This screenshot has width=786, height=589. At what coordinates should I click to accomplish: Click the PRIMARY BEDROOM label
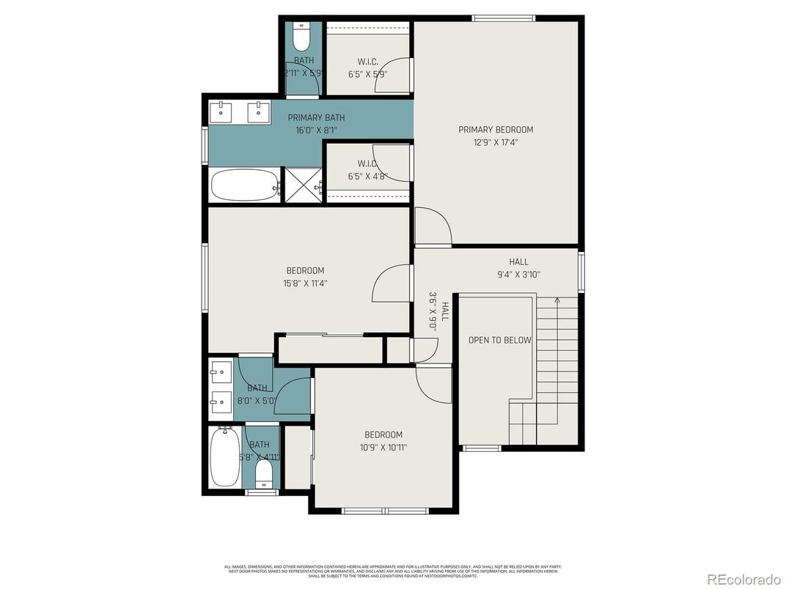click(x=496, y=130)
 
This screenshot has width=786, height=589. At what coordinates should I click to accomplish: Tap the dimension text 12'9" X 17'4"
click(x=496, y=143)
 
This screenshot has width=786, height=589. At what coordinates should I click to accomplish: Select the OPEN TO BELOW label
click(x=500, y=340)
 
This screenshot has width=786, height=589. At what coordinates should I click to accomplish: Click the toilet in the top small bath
click(x=301, y=36)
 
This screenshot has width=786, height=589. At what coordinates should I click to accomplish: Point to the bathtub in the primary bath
click(x=245, y=185)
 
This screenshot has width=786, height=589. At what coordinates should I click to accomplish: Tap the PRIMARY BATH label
click(x=316, y=117)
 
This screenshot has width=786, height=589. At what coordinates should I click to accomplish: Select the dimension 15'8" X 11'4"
click(x=305, y=283)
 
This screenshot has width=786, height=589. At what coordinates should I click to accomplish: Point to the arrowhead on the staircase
click(x=557, y=300)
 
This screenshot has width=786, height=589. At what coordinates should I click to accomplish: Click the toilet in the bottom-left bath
click(x=263, y=475)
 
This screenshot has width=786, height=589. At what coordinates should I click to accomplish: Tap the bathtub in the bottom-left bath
click(x=223, y=457)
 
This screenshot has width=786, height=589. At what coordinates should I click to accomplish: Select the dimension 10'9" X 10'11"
click(x=383, y=447)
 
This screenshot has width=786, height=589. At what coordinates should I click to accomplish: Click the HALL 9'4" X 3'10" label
click(x=518, y=268)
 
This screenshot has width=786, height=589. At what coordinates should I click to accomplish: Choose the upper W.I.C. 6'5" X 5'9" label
click(x=367, y=67)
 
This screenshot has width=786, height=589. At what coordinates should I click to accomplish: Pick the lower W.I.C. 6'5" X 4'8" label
click(x=367, y=169)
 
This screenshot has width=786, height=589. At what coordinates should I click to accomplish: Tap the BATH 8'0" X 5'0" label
click(x=257, y=394)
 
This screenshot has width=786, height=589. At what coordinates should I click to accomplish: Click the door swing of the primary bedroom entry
click(x=433, y=226)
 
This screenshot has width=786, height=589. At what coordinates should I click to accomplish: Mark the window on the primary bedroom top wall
click(x=503, y=18)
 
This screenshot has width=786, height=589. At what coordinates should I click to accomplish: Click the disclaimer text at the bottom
click(x=393, y=571)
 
